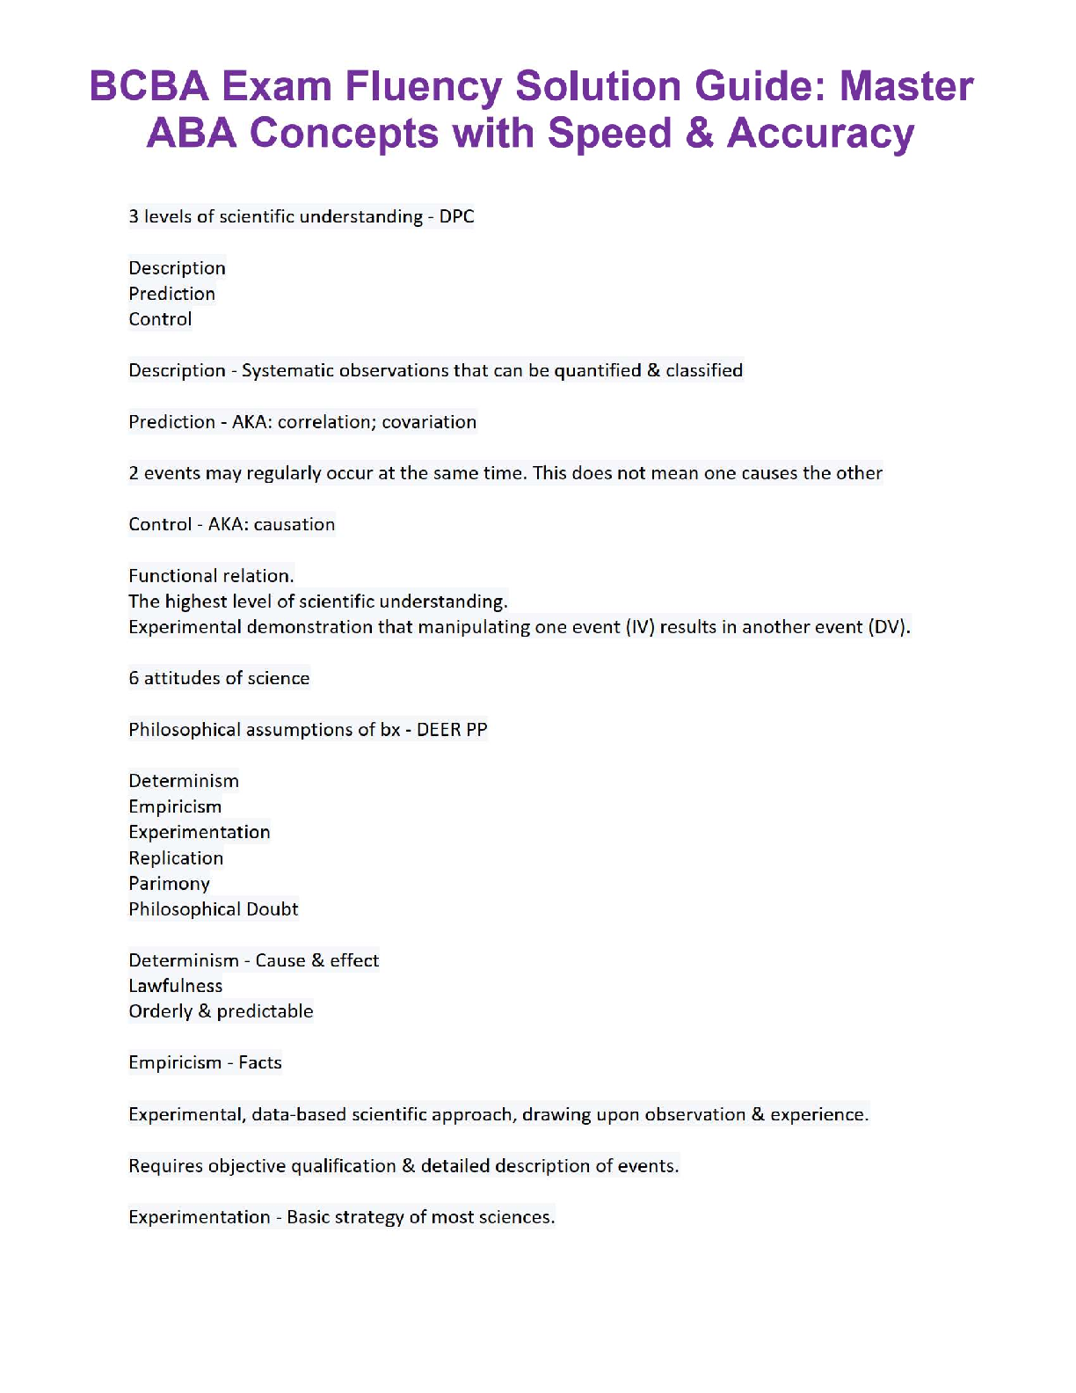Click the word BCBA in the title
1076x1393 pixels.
point(149,87)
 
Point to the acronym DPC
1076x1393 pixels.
point(456,216)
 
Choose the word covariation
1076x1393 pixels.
point(429,422)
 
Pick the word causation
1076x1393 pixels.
point(294,524)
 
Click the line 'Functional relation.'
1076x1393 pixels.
point(211,576)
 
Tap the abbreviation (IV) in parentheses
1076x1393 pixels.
point(640,627)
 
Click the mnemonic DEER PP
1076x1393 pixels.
point(452,730)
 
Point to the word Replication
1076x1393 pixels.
point(176,858)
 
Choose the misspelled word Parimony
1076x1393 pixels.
point(169,884)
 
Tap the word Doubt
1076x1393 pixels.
point(273,909)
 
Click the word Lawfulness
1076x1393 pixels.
point(176,986)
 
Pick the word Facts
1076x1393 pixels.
point(260,1062)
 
